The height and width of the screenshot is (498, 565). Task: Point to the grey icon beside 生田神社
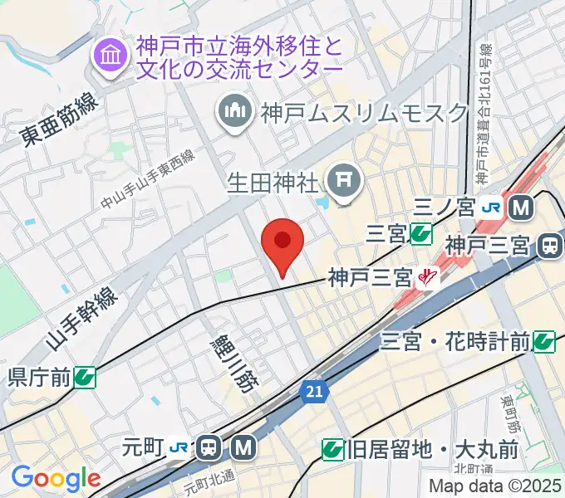pyautogui.click(x=342, y=179)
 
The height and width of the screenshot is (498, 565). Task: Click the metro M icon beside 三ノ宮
pyautogui.click(x=521, y=207)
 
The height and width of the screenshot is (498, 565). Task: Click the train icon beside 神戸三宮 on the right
pyautogui.click(x=549, y=246)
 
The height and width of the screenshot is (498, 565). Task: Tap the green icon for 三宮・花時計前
pyautogui.click(x=544, y=340)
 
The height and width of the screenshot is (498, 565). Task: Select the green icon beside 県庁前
pyautogui.click(x=84, y=378)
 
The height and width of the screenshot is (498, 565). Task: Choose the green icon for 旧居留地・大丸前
pyautogui.click(x=333, y=451)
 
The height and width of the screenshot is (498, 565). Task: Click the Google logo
pyautogui.click(x=55, y=479)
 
